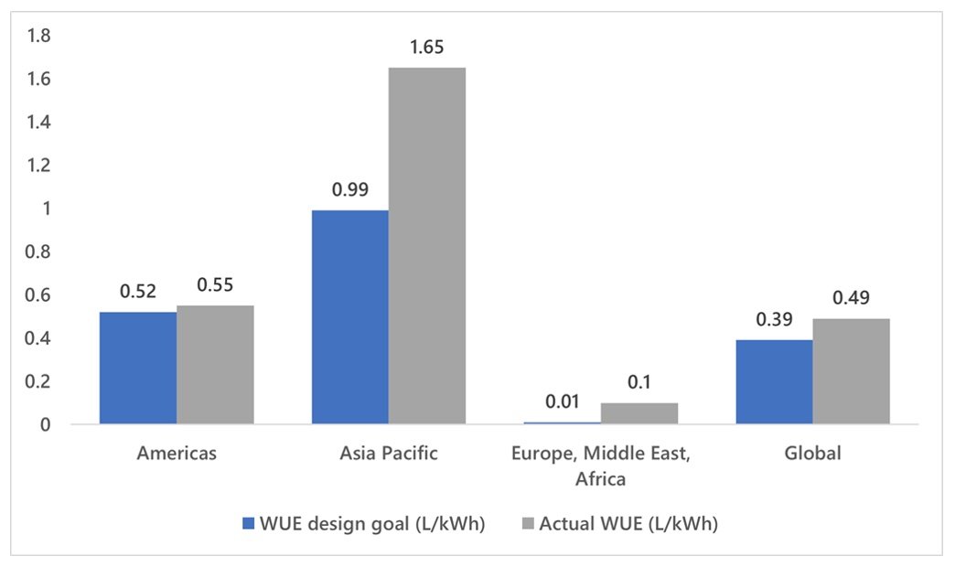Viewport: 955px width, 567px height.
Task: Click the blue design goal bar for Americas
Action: pos(138,368)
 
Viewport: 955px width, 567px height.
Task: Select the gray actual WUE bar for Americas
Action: pos(215,364)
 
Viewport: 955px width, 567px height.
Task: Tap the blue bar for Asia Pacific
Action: pos(350,316)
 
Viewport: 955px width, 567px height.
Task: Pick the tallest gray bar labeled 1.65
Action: pos(427,245)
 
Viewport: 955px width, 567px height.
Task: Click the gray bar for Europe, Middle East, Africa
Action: pos(639,413)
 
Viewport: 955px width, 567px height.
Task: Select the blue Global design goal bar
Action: pos(775,381)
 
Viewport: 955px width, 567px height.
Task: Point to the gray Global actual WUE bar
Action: pos(852,371)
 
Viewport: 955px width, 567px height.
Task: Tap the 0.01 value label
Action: pos(563,401)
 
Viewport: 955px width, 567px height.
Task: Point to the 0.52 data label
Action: pos(138,292)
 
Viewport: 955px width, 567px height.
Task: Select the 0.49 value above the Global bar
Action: pos(852,298)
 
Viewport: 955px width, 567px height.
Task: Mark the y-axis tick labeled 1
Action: pos(46,209)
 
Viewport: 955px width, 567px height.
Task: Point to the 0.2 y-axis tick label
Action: pos(40,382)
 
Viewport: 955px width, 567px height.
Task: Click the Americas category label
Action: pos(177,454)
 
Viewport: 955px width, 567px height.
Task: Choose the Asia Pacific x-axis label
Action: pos(389,454)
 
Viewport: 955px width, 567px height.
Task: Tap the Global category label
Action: pos(813,454)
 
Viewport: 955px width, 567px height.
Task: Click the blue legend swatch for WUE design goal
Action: pos(247,523)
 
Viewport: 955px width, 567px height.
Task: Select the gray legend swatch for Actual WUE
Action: pos(529,523)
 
